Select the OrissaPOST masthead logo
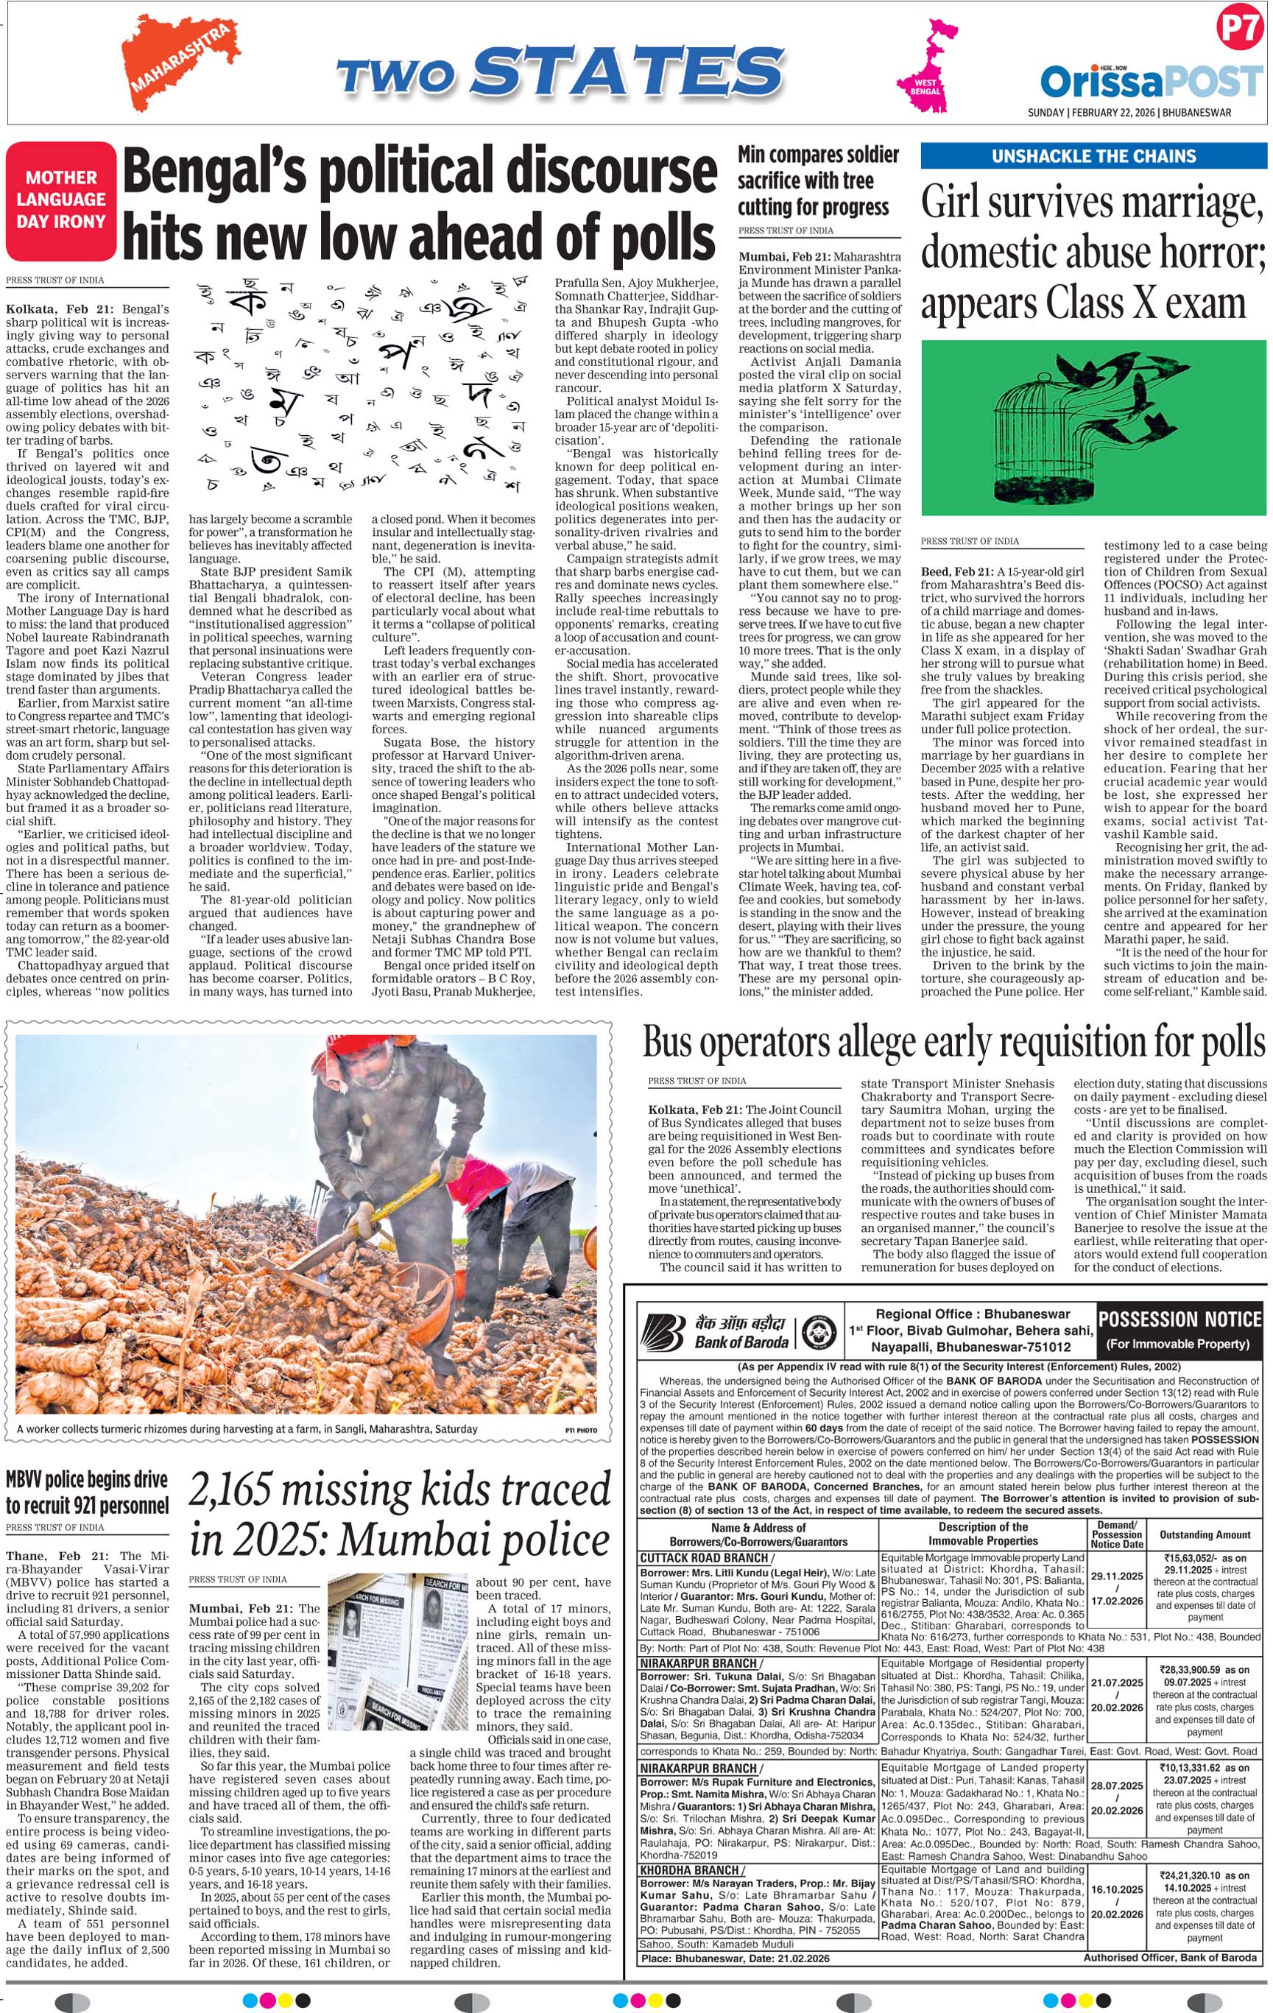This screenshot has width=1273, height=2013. pos(1150,82)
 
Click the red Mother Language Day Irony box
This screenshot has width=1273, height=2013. pos(61,200)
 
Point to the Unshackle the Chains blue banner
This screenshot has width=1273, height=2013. pos(1093,156)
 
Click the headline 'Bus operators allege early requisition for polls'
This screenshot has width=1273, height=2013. pos(953,1043)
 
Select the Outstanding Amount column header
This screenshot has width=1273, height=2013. pos(1205,1535)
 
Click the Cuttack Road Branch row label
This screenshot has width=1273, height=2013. pos(705,1557)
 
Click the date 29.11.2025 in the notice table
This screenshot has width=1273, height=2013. pos(1117,1576)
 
